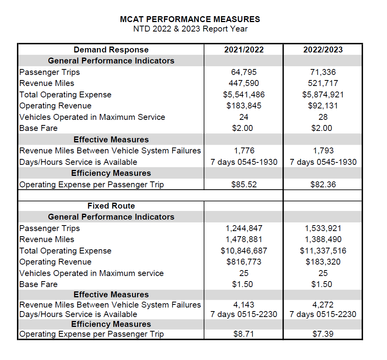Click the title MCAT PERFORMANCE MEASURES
coord(190,19)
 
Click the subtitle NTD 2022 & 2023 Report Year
coord(190,29)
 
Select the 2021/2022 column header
coord(244,50)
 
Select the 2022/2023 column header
coord(323,50)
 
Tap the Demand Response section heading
coord(111,50)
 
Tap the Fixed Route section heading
coord(111,206)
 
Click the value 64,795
coord(244,72)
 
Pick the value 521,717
coord(323,83)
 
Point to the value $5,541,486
coord(244,95)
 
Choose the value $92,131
coord(323,106)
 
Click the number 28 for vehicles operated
coord(323,117)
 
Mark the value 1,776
coord(244,151)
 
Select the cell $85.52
coord(244,185)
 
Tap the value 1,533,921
coord(323,228)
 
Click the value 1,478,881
coord(244,239)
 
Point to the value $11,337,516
coord(323,251)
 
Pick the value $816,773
coord(244,262)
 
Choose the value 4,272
coord(323,305)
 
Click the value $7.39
coord(323,334)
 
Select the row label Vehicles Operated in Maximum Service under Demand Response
coord(92,117)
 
